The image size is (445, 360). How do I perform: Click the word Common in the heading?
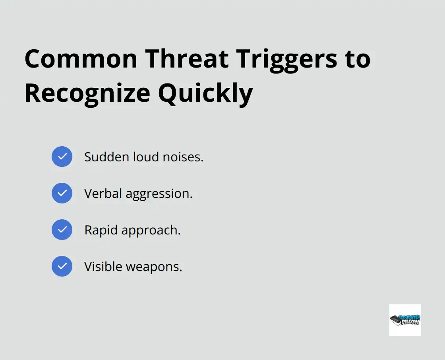(81, 59)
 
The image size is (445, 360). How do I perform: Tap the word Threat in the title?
(187, 59)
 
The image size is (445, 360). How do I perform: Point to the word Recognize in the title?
(87, 93)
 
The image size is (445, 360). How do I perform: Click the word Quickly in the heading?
(205, 93)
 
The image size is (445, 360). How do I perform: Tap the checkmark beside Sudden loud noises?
(62, 157)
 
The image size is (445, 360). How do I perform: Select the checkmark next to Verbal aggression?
(62, 193)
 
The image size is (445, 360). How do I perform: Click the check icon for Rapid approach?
(62, 230)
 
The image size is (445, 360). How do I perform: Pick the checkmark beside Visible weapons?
(62, 266)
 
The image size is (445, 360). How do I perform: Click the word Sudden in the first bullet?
(102, 157)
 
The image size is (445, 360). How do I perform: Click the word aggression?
(159, 194)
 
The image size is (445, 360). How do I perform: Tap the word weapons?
(154, 267)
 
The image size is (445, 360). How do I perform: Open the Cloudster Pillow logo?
(405, 320)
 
